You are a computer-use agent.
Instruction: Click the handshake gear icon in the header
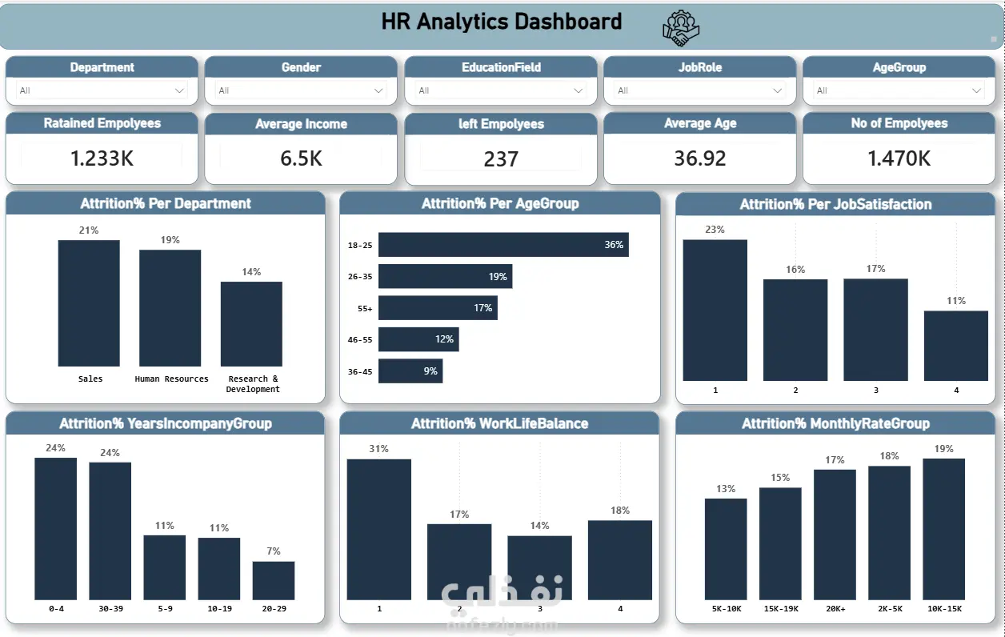click(x=681, y=29)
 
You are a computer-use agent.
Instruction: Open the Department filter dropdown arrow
click(x=180, y=90)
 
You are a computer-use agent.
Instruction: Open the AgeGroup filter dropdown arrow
click(x=976, y=90)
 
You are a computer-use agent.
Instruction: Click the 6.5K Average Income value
click(x=301, y=158)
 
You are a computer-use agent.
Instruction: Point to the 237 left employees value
click(x=501, y=159)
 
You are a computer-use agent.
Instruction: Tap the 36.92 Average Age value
click(x=699, y=158)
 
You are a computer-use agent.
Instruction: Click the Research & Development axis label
click(x=253, y=384)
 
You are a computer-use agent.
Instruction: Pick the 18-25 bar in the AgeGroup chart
click(x=502, y=245)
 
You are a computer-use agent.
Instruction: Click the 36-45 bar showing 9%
click(x=410, y=371)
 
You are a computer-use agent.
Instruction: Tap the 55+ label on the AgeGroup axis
click(x=365, y=308)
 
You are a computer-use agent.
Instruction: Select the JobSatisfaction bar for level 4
click(x=955, y=345)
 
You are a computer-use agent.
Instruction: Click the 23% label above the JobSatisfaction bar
click(x=715, y=230)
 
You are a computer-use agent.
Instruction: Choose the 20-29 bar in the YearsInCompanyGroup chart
click(x=274, y=580)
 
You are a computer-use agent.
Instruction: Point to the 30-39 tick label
click(x=110, y=609)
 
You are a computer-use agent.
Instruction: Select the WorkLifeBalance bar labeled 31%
click(x=378, y=529)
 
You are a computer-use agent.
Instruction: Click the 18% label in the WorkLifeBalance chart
click(x=619, y=511)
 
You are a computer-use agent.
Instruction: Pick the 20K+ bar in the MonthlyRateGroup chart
click(x=835, y=535)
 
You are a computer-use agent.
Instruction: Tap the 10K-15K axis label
click(x=943, y=609)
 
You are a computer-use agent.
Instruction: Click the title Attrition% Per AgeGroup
click(x=500, y=204)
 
